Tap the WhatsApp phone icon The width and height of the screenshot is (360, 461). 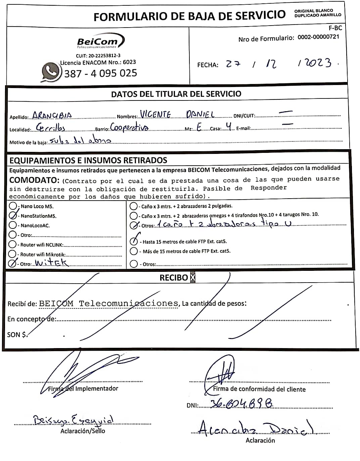coord(51,72)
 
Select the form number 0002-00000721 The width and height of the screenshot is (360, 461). coord(318,37)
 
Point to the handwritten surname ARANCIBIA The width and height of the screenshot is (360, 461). coord(52,116)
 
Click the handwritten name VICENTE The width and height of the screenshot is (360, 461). coord(155,115)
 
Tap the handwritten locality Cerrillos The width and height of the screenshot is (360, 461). coord(51,128)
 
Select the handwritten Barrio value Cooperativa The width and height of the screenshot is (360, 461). coord(129,128)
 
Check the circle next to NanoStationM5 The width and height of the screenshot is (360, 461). coord(13,215)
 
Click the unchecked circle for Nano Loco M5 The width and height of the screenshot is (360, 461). coord(13,206)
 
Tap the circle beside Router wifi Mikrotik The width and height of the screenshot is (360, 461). coord(12,254)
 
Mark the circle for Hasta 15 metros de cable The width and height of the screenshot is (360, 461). coord(134,241)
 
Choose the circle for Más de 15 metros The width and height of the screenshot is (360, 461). coord(134,251)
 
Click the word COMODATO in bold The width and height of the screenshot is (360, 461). coord(34,180)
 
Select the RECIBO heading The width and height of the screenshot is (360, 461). coord(174,278)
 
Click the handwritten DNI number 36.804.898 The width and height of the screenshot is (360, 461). coord(241,404)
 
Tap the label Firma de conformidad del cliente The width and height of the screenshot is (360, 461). coord(259,389)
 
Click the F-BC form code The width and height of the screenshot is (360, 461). coord(335,28)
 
